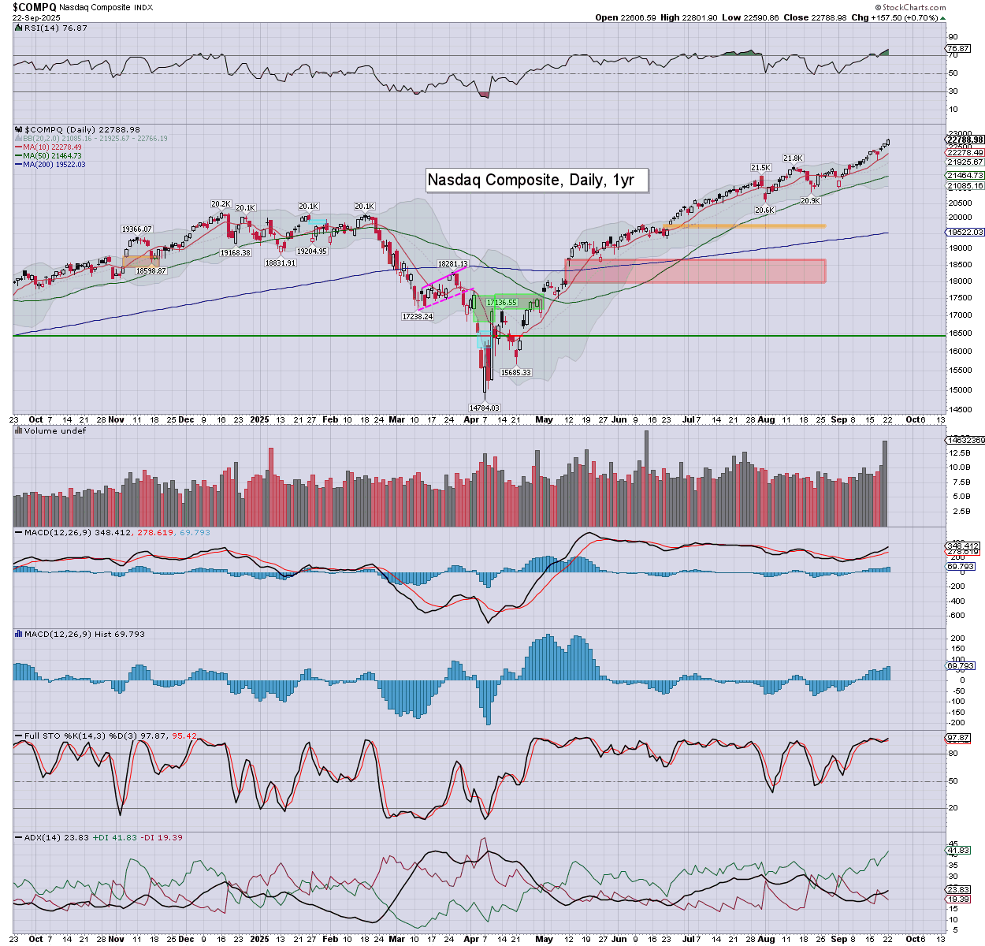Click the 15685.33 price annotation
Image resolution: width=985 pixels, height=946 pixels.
516,372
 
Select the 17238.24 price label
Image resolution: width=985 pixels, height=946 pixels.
418,316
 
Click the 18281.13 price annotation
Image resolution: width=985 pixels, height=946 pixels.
453,264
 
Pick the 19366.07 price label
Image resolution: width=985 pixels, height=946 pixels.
136,229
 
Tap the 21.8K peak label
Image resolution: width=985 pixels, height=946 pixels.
793,158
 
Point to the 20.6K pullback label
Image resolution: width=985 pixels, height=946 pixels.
764,210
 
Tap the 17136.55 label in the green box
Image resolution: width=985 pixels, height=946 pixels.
502,302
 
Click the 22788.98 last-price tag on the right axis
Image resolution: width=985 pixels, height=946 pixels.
965,140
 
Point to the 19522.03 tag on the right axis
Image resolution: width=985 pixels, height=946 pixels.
965,233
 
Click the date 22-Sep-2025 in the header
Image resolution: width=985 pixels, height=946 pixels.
32,17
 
